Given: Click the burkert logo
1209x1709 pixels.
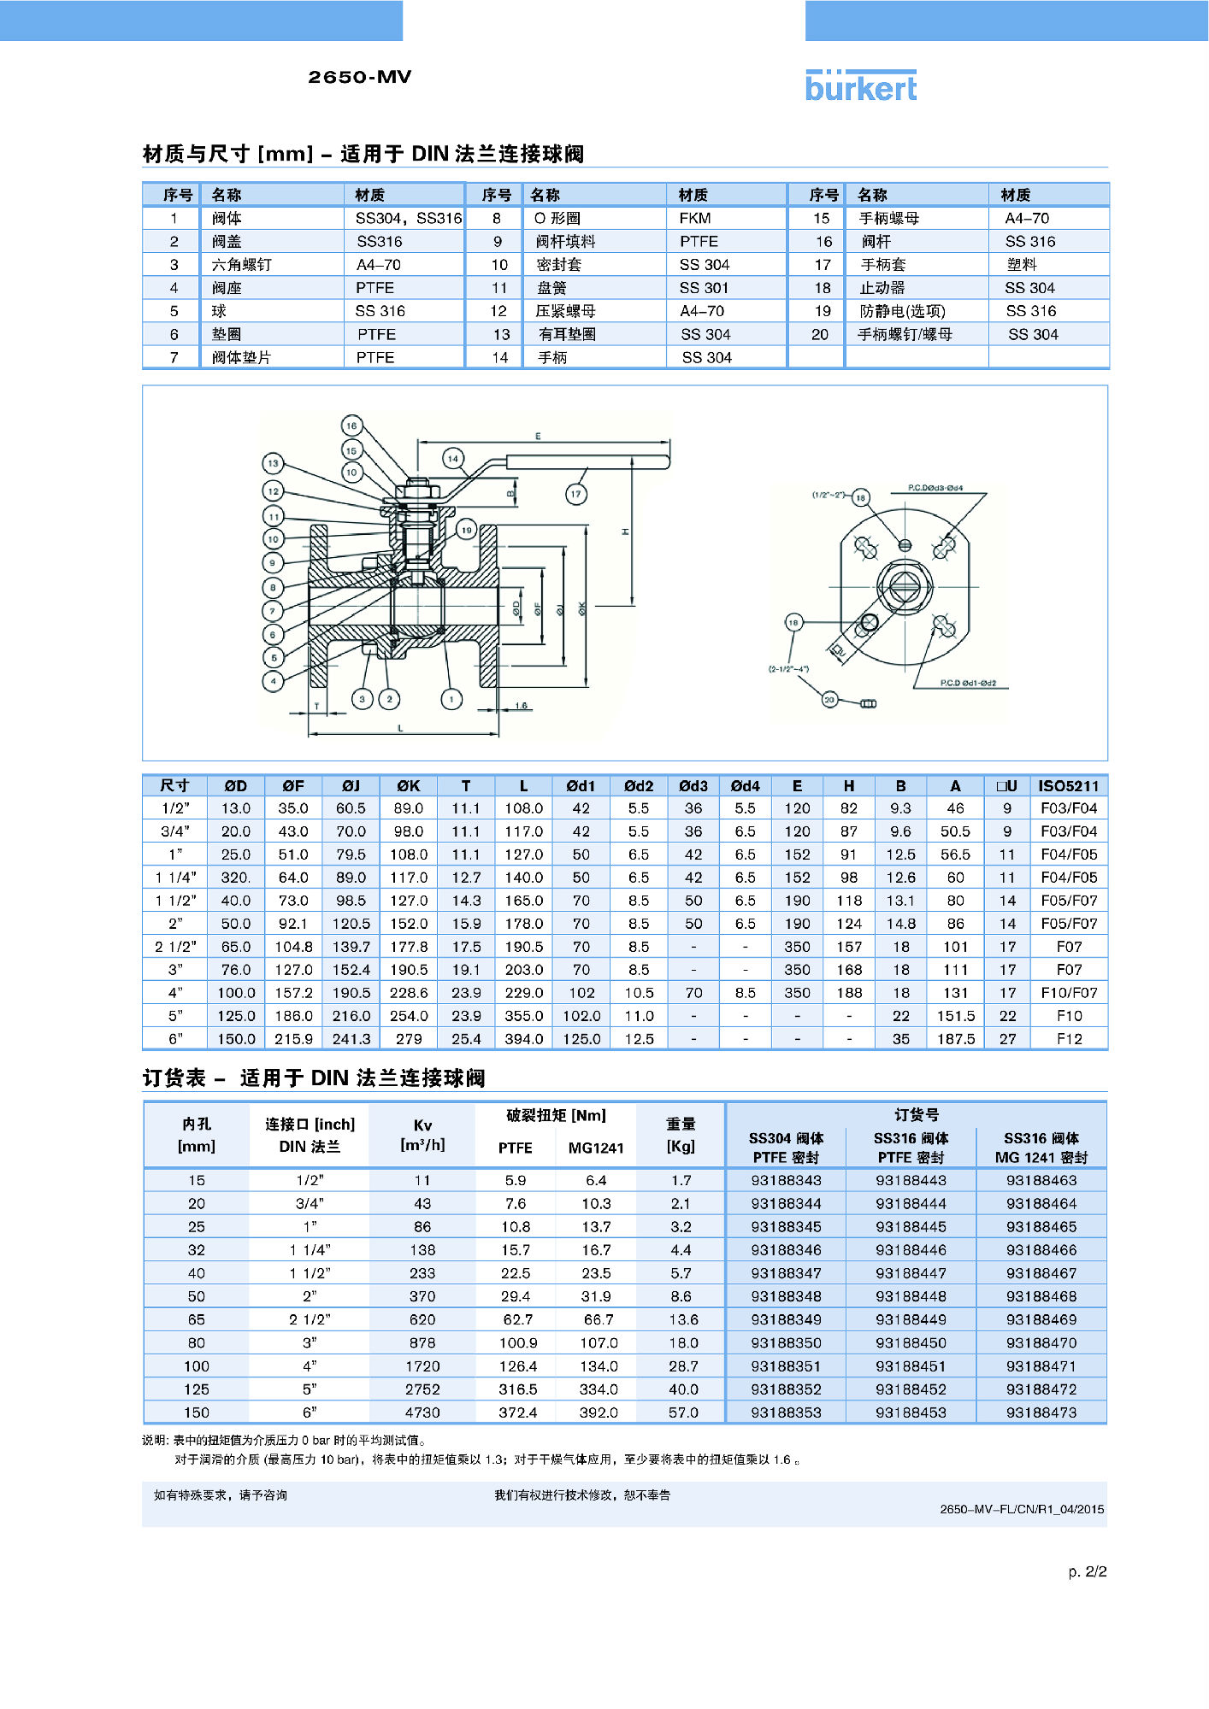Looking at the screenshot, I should [860, 86].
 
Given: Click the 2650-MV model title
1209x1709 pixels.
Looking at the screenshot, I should [360, 77].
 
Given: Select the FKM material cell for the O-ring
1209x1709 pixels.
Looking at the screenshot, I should [695, 219].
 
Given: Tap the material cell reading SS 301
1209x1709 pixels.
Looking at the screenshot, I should [705, 288].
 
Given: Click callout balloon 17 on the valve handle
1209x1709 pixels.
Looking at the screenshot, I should [575, 494].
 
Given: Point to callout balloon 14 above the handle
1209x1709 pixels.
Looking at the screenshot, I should [453, 458].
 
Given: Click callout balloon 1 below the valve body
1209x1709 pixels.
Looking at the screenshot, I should [451, 699].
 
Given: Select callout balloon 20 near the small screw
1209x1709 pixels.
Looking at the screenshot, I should [829, 699].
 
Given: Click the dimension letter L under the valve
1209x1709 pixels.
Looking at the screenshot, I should [400, 728].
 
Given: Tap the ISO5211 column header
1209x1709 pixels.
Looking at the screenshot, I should [1068, 786].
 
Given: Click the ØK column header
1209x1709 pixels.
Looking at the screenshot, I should [409, 786].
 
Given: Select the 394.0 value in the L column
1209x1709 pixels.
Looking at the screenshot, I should [524, 1039].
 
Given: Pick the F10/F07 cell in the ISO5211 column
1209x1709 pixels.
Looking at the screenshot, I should [1069, 993].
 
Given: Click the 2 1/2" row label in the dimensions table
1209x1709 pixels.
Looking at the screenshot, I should [175, 947].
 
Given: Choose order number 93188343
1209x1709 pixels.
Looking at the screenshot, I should [786, 1180].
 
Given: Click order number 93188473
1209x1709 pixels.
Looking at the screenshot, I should [1041, 1412].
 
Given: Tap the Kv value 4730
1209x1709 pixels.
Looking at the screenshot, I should [422, 1412].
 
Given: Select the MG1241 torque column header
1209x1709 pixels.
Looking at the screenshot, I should [596, 1148].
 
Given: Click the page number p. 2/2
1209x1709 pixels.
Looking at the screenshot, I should [1087, 1571].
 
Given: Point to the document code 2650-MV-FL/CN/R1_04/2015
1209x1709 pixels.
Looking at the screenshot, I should [1022, 1509].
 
